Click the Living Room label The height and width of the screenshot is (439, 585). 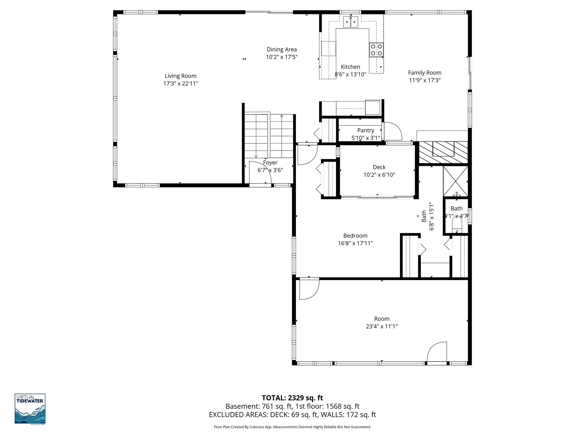(x=181, y=76)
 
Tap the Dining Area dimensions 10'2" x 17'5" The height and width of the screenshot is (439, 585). (x=282, y=57)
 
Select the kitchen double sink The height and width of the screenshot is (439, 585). (x=350, y=22)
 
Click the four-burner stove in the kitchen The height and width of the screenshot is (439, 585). (x=376, y=50)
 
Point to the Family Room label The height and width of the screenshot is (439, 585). (x=424, y=73)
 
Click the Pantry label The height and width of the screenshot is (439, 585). (x=366, y=130)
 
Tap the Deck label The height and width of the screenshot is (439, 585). (x=379, y=167)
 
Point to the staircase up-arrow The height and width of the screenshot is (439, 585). (x=282, y=116)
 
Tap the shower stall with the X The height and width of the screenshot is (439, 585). (x=455, y=181)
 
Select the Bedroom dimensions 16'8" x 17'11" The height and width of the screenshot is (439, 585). (x=355, y=244)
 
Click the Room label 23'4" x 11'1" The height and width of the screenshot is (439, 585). (x=382, y=319)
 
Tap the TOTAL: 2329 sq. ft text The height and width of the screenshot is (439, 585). (x=292, y=398)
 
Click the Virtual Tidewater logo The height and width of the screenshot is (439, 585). (x=30, y=408)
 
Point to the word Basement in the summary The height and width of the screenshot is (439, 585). (x=238, y=406)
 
